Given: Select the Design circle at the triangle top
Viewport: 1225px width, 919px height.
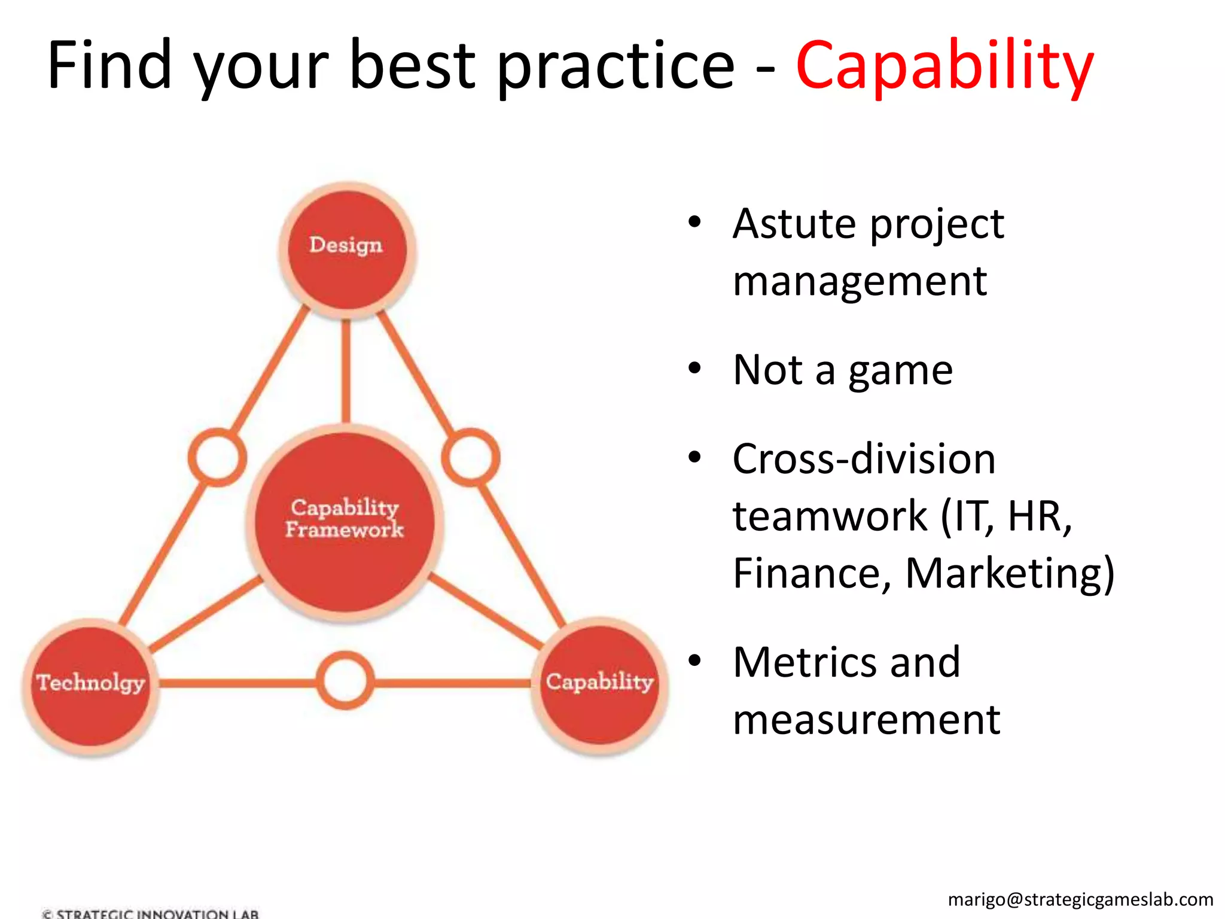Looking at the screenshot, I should point(346,250).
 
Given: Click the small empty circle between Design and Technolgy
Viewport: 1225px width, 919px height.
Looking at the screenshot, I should point(217,457).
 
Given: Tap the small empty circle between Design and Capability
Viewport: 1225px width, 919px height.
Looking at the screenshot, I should point(471,457).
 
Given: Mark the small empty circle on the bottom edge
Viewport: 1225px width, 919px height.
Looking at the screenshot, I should point(345,681).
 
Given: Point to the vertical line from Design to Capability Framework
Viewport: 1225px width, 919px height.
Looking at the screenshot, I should point(346,371).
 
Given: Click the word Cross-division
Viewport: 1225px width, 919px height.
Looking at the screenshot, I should point(864,459).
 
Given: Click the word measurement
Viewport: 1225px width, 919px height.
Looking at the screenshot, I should point(866,720).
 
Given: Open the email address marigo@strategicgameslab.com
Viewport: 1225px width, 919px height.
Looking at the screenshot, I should point(1080,899).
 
